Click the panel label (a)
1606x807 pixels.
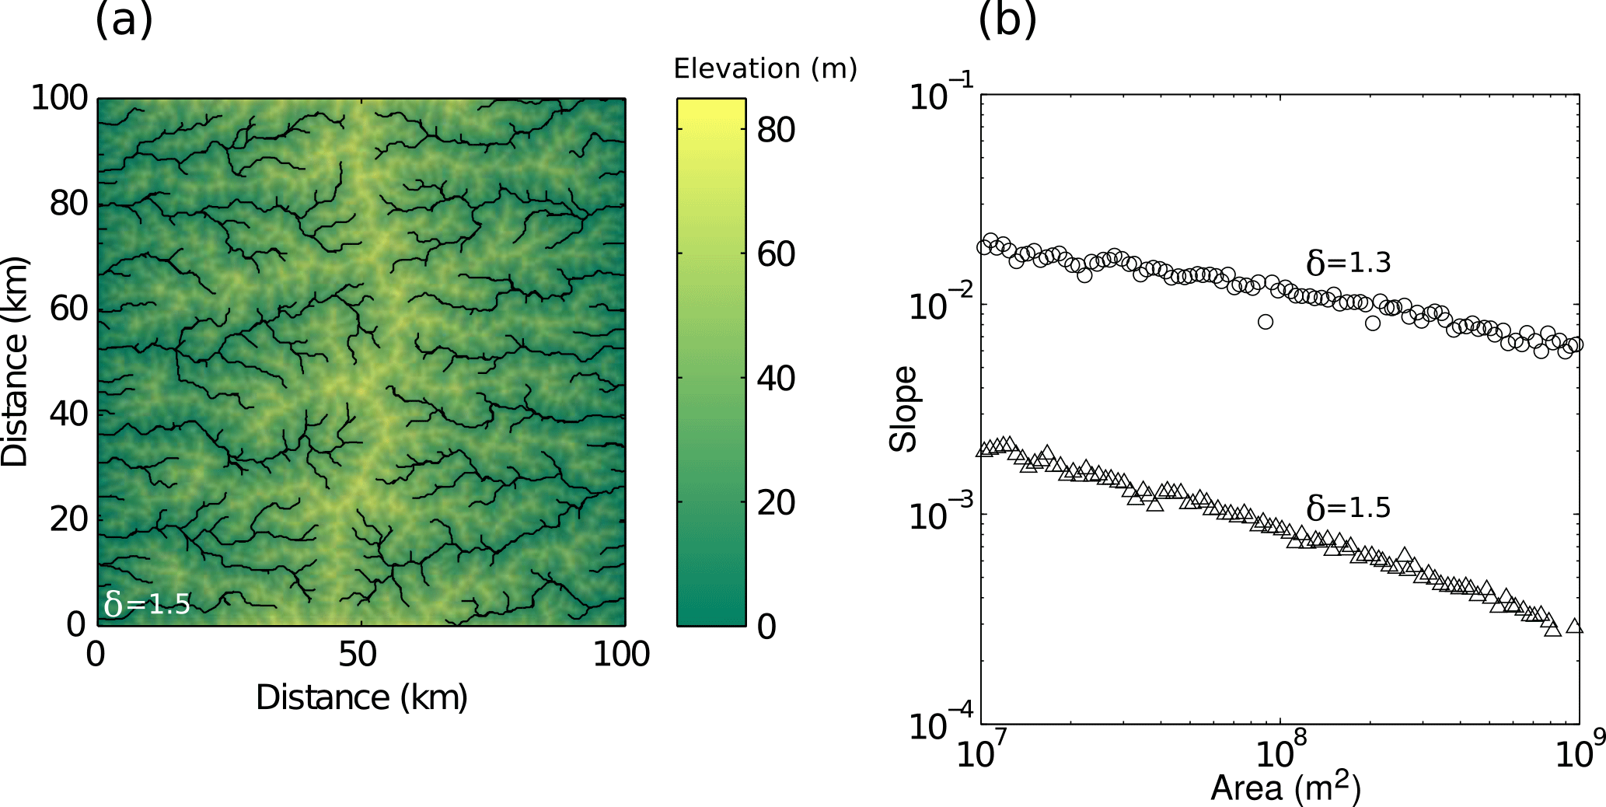[124, 20]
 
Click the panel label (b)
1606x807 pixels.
[1007, 20]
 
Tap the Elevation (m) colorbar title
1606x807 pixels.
[765, 69]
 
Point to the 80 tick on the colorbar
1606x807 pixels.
[776, 130]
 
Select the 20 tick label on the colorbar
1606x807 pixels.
[776, 503]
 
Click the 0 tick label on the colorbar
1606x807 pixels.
[766, 627]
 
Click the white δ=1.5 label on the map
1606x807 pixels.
[147, 603]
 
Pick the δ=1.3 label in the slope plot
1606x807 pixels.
[1348, 263]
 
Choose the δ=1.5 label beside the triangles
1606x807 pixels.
[1348, 508]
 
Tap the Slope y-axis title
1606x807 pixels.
[903, 409]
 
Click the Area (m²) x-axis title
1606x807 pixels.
[1285, 788]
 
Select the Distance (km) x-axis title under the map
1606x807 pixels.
[361, 697]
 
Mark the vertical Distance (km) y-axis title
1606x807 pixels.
[15, 362]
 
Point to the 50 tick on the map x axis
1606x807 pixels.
[358, 655]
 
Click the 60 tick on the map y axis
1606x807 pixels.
[69, 309]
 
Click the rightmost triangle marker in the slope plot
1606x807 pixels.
[1574, 626]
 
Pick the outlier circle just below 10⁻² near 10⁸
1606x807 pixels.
[1266, 322]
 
